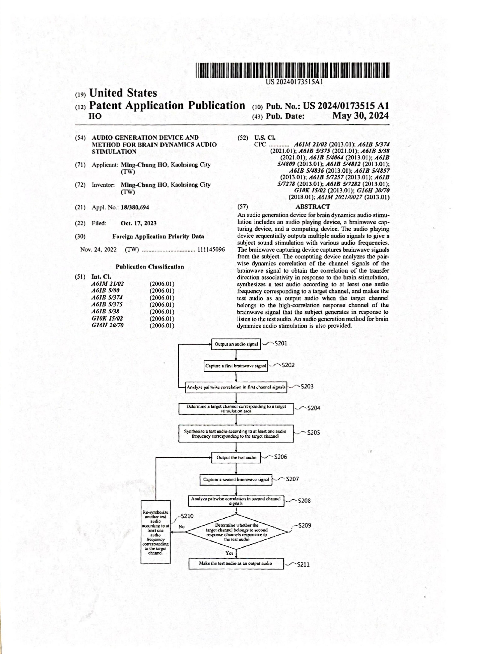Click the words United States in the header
click(x=123, y=93)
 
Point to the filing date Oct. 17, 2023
click(x=138, y=223)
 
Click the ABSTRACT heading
click(x=312, y=207)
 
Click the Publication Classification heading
click(x=150, y=267)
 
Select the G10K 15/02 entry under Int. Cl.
click(x=107, y=318)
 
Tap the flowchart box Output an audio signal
click(x=236, y=344)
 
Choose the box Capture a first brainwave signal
click(x=236, y=366)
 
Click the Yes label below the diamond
click(x=229, y=553)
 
